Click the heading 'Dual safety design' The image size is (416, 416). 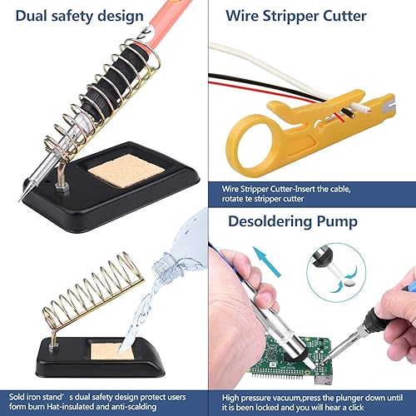tap(79, 17)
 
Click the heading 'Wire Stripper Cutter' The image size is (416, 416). tap(296, 16)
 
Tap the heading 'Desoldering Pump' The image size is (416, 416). tap(293, 221)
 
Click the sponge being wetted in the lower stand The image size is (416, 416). tap(111, 351)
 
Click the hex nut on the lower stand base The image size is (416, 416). tap(53, 345)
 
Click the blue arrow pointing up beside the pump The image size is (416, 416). tap(268, 260)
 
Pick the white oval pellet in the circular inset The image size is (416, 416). tap(348, 284)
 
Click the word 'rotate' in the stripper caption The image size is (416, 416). tap(231, 199)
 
